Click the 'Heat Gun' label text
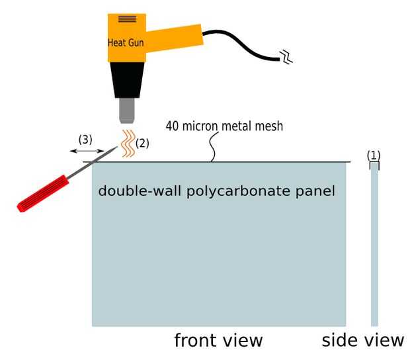pyautogui.click(x=126, y=43)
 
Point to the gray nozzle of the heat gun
pyautogui.click(x=127, y=111)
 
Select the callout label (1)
pyautogui.click(x=374, y=155)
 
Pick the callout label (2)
pyautogui.click(x=143, y=142)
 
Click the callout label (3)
pyautogui.click(x=85, y=140)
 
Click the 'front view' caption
pyautogui.click(x=218, y=340)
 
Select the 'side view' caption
pyautogui.click(x=362, y=340)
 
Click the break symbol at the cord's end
pyautogui.click(x=286, y=58)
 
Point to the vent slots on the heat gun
pyautogui.click(x=127, y=19)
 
